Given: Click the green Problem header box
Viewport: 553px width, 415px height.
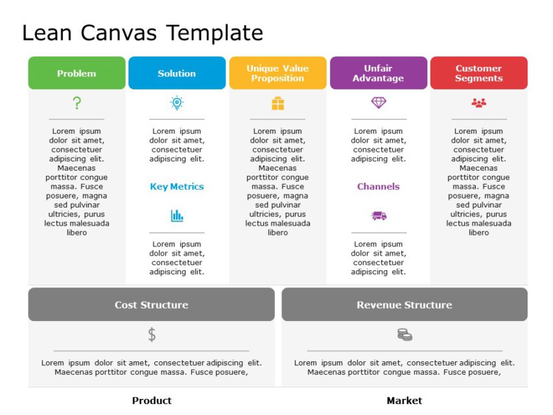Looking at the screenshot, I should coord(76,73).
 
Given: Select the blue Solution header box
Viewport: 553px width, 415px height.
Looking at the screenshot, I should coord(177,73).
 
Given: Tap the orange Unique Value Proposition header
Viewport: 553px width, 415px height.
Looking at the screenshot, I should coord(277,73).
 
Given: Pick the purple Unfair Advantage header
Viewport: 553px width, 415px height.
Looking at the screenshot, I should coord(378,73).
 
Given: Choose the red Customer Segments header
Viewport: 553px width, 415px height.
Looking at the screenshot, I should coord(478,73).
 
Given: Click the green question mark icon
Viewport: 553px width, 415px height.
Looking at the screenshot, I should coord(76,102).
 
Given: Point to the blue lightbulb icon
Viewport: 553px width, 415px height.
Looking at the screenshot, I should coord(177,102).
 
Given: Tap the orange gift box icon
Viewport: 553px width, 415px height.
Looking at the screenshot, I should coord(277,103).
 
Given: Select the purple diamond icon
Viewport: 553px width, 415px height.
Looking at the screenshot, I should coord(379,102).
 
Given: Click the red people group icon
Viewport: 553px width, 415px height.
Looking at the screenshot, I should coord(478,102).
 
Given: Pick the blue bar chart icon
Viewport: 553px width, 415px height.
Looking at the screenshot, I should coord(177,216).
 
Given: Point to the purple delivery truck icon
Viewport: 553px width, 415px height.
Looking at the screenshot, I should coord(379,216).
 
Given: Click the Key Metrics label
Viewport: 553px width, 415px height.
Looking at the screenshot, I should coord(177,187).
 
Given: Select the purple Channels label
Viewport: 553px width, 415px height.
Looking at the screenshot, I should coord(379,187).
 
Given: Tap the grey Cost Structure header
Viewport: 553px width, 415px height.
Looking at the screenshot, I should coord(151,305).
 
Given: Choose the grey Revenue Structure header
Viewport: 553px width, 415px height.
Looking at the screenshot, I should coord(404,305).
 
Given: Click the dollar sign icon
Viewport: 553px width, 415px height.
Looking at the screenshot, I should coord(152,335).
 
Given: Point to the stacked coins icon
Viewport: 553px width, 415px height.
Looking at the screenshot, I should coord(405,335).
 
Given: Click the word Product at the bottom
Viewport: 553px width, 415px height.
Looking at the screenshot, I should coord(152,401).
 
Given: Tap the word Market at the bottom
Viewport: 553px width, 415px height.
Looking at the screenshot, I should coord(404,401).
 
